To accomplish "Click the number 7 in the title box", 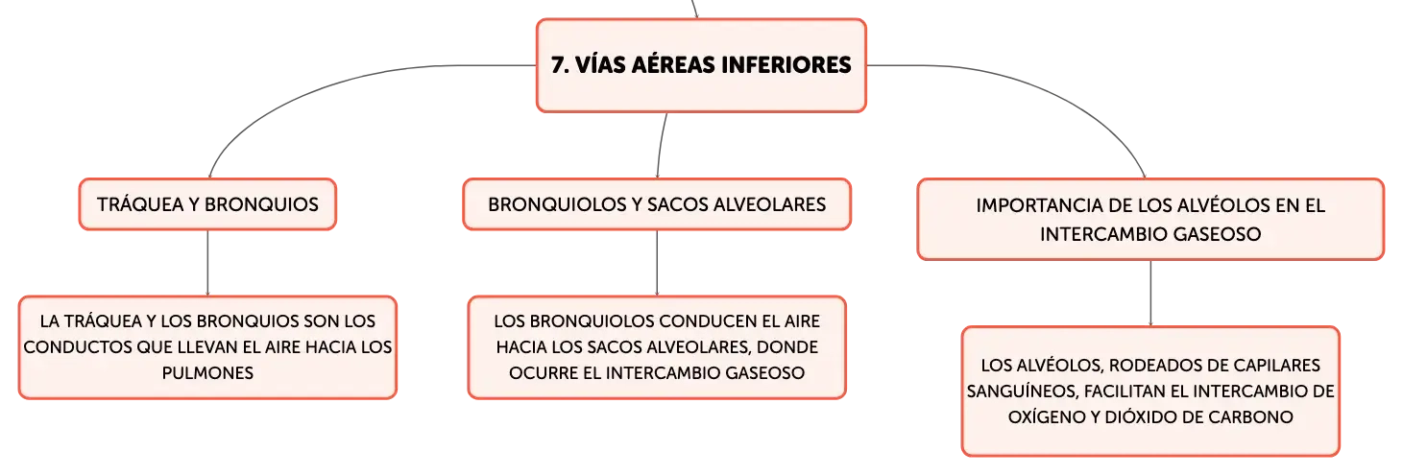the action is pyautogui.click(x=558, y=65).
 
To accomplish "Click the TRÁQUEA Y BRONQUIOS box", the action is pyautogui.click(x=207, y=204).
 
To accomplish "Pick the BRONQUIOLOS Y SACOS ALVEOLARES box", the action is pyautogui.click(x=657, y=204).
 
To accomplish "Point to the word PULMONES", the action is pyautogui.click(x=207, y=373).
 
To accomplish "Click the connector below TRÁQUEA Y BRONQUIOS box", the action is pyautogui.click(x=207, y=263).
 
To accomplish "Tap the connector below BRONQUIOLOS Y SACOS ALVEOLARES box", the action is pyautogui.click(x=657, y=263).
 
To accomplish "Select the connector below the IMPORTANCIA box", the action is pyautogui.click(x=1150, y=293).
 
